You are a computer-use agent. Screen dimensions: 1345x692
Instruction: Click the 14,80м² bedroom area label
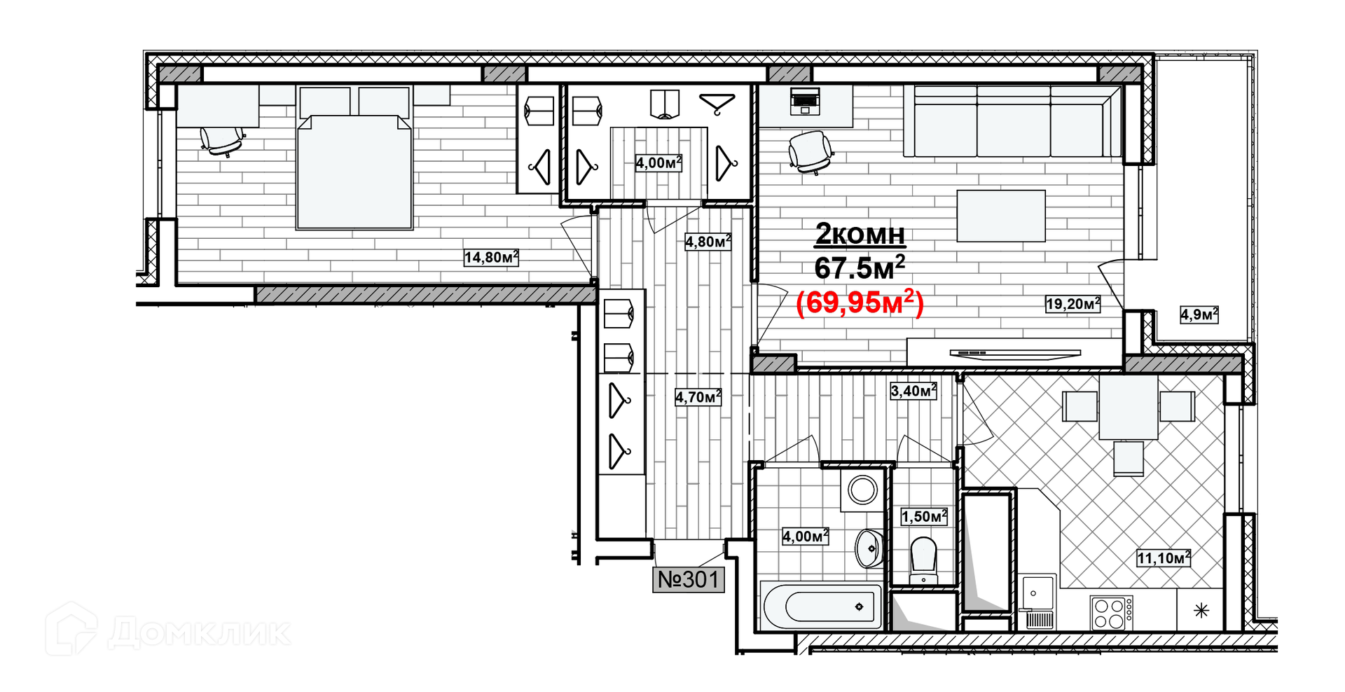coord(490,257)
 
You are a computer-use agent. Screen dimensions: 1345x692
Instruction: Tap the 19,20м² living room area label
coord(1072,303)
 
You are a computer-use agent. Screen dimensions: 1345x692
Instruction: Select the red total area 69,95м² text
coord(860,303)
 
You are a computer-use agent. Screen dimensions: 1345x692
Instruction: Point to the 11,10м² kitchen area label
coord(1163,558)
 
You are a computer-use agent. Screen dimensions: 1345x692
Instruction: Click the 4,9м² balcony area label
coord(1199,314)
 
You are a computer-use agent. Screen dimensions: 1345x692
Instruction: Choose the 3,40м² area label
coord(913,391)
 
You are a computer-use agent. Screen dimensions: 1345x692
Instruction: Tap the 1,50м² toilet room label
coord(923,517)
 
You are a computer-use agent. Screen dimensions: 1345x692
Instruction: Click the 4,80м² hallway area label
coord(708,242)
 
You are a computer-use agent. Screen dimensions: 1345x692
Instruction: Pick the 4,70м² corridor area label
coord(698,397)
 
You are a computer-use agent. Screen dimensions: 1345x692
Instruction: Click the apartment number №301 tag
coord(689,579)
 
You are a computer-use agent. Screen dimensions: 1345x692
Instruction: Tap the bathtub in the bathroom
coord(822,606)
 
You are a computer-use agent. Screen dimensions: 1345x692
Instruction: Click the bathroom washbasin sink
coord(869,548)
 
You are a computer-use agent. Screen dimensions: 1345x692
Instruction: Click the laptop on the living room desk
coord(804,102)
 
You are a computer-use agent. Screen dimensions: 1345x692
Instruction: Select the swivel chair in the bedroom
coord(221,138)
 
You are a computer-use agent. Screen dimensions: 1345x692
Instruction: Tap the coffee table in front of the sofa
coord(1000,216)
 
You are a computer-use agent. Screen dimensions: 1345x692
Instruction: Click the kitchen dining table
coord(1128,406)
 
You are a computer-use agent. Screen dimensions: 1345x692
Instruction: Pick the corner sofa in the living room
coord(1012,123)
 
